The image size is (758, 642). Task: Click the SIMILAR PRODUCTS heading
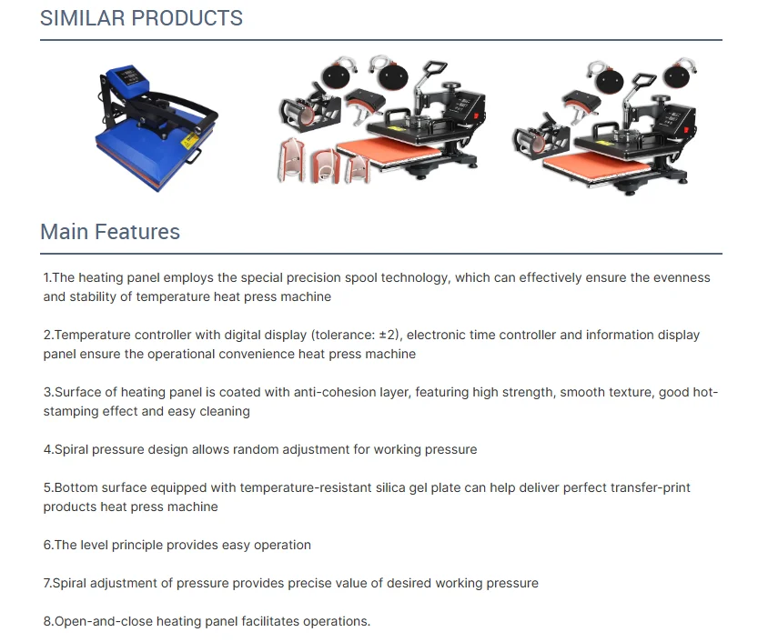click(x=141, y=18)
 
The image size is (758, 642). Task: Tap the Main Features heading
click(x=110, y=232)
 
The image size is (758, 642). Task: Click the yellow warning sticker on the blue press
click(x=188, y=141)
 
